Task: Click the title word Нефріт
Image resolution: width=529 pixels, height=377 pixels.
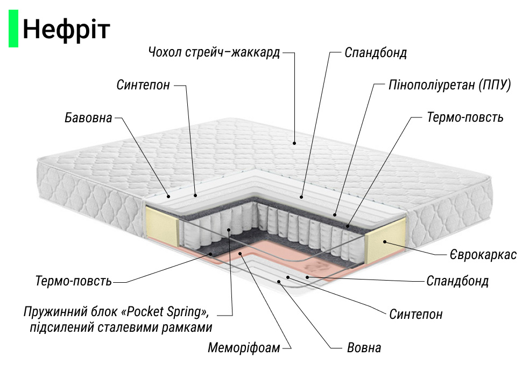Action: click(x=66, y=30)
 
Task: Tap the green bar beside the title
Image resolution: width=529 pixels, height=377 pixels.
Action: click(x=13, y=30)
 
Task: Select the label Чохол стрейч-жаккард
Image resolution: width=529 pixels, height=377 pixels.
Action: click(x=214, y=53)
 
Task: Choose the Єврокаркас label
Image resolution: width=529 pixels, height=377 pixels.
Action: click(x=483, y=255)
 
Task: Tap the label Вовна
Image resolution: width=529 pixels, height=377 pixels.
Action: click(x=363, y=347)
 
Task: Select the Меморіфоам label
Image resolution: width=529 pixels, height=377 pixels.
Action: click(x=244, y=348)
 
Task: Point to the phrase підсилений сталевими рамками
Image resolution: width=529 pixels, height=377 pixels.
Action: click(x=121, y=327)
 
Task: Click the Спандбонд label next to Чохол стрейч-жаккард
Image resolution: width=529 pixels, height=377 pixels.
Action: click(x=376, y=53)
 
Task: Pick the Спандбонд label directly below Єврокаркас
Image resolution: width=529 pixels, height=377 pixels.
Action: click(x=457, y=281)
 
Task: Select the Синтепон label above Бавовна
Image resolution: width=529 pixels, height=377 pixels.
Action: click(x=143, y=85)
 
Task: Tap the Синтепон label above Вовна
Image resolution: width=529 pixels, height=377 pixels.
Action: click(x=416, y=314)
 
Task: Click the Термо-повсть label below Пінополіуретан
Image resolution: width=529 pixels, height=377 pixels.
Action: click(x=465, y=117)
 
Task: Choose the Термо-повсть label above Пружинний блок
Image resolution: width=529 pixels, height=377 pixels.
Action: click(x=73, y=281)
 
